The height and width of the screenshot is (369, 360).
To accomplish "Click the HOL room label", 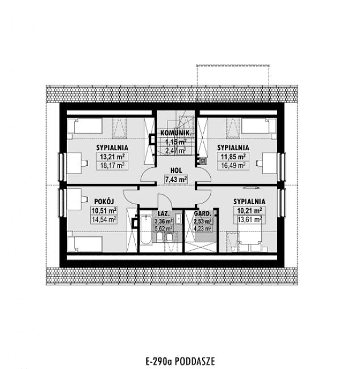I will pos(175,169).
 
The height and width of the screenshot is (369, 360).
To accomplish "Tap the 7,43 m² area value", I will pos(175,179).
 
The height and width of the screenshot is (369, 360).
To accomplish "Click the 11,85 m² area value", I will pos(232,157).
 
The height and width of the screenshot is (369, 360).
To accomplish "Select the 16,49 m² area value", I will pos(232,166).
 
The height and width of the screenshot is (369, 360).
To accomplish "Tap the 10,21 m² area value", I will pos(248,210).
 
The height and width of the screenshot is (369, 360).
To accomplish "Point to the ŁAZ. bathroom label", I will pos(164,214).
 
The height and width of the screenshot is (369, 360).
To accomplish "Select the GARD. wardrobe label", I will pos(203,214).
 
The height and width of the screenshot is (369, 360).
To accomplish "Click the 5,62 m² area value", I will pos(164,230).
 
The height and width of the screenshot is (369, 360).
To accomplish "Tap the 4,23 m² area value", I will pos(203,230).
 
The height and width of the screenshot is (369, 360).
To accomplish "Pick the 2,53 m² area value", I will pos(203,222).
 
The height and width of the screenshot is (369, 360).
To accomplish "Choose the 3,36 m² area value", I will pos(164,222).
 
